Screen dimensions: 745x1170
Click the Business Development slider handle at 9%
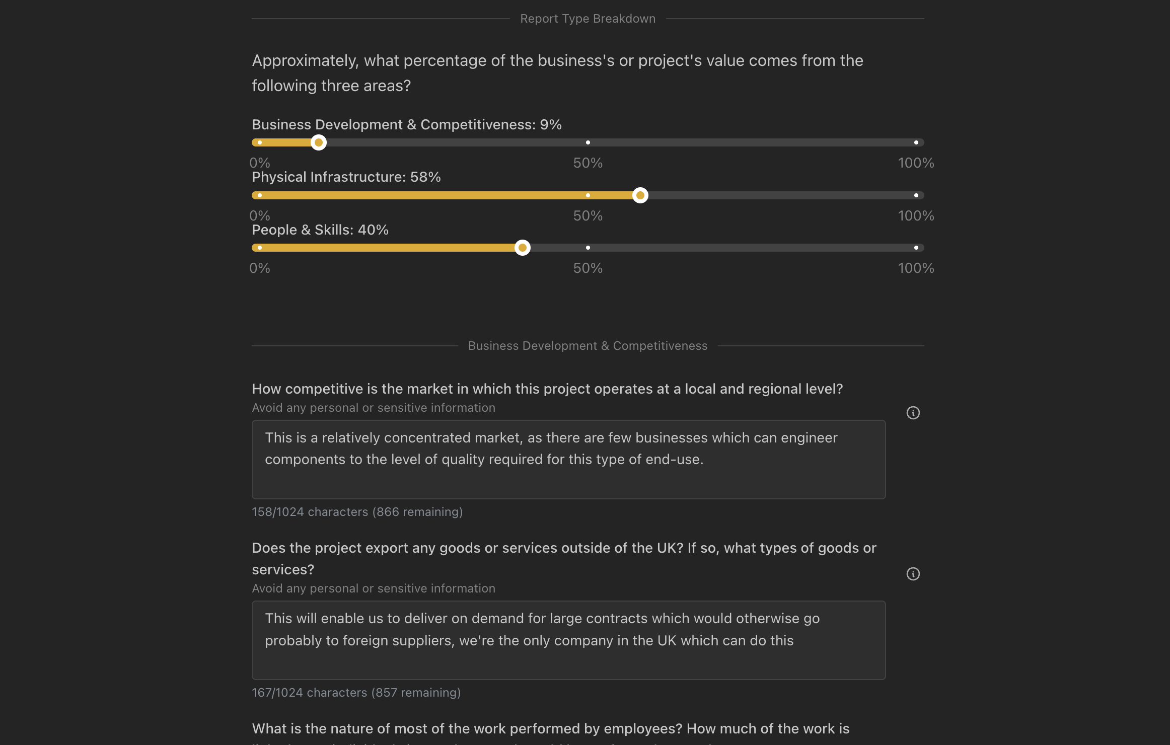(x=318, y=142)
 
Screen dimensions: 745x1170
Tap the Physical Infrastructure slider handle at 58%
(x=640, y=195)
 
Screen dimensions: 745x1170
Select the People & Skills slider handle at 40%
(x=523, y=248)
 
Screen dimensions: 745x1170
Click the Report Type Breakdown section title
(x=588, y=19)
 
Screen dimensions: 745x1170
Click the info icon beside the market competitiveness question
(x=913, y=413)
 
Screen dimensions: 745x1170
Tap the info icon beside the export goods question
(x=913, y=574)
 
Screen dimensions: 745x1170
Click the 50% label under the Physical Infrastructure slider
(x=588, y=216)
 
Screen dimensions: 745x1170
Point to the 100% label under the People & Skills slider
(x=916, y=268)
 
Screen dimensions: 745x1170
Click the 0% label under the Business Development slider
(x=260, y=163)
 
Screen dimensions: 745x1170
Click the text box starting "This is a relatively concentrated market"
(x=568, y=459)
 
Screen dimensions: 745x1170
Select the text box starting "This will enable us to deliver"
(x=568, y=640)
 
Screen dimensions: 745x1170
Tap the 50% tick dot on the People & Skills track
(x=588, y=248)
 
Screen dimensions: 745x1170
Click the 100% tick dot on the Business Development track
(x=916, y=142)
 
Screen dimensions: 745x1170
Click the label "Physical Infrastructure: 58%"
(x=346, y=177)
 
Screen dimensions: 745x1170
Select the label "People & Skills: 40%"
(x=320, y=230)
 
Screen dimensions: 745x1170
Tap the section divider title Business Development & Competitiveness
(x=588, y=346)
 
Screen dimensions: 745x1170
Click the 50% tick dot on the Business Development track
(x=588, y=142)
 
